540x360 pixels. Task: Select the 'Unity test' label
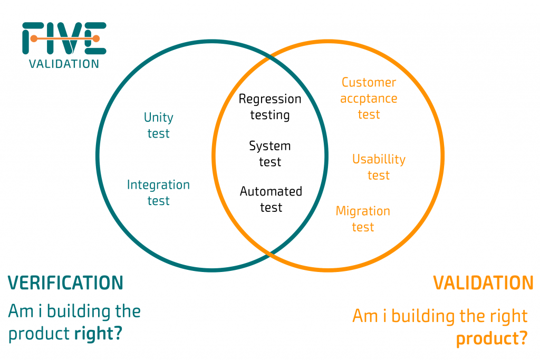[x=158, y=125]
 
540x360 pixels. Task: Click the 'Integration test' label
[x=158, y=193]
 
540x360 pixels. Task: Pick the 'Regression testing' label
[x=270, y=106]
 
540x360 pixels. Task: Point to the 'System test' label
[x=270, y=154]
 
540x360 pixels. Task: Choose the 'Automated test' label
[x=271, y=199]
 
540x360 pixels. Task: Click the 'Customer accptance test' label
[x=369, y=99]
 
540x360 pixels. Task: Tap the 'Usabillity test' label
[x=379, y=167]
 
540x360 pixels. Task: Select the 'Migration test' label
[x=363, y=219]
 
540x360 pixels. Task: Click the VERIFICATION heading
[x=65, y=283]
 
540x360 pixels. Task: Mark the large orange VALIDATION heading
[x=483, y=283]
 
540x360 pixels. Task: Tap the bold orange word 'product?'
[x=491, y=339]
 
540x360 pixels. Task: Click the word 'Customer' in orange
[x=369, y=83]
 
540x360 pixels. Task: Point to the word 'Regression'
[x=270, y=99]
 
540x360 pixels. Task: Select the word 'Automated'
[x=271, y=191]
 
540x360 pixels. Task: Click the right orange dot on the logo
[x=96, y=38]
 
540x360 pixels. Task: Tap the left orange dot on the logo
[x=34, y=38]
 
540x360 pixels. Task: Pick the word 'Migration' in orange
[x=363, y=211]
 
